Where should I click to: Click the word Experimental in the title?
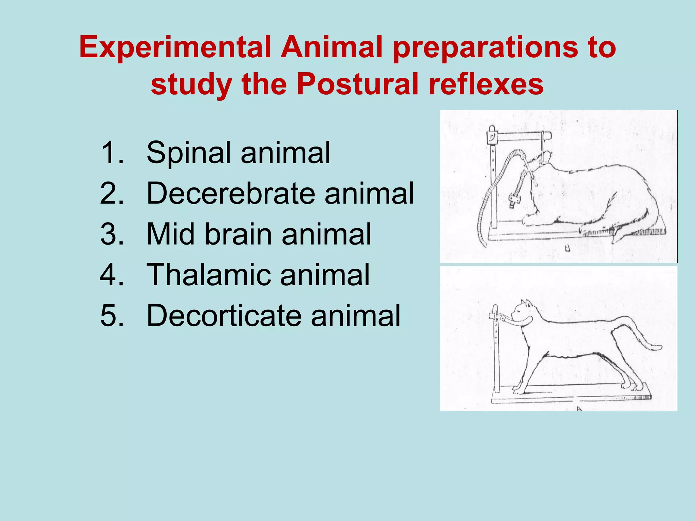pos(175,47)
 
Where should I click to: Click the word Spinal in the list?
pos(189,153)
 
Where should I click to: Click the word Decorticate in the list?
pos(224,315)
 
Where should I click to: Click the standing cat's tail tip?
pos(657,347)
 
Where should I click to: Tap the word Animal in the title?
pos(334,47)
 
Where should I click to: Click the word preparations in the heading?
pos(485,47)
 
